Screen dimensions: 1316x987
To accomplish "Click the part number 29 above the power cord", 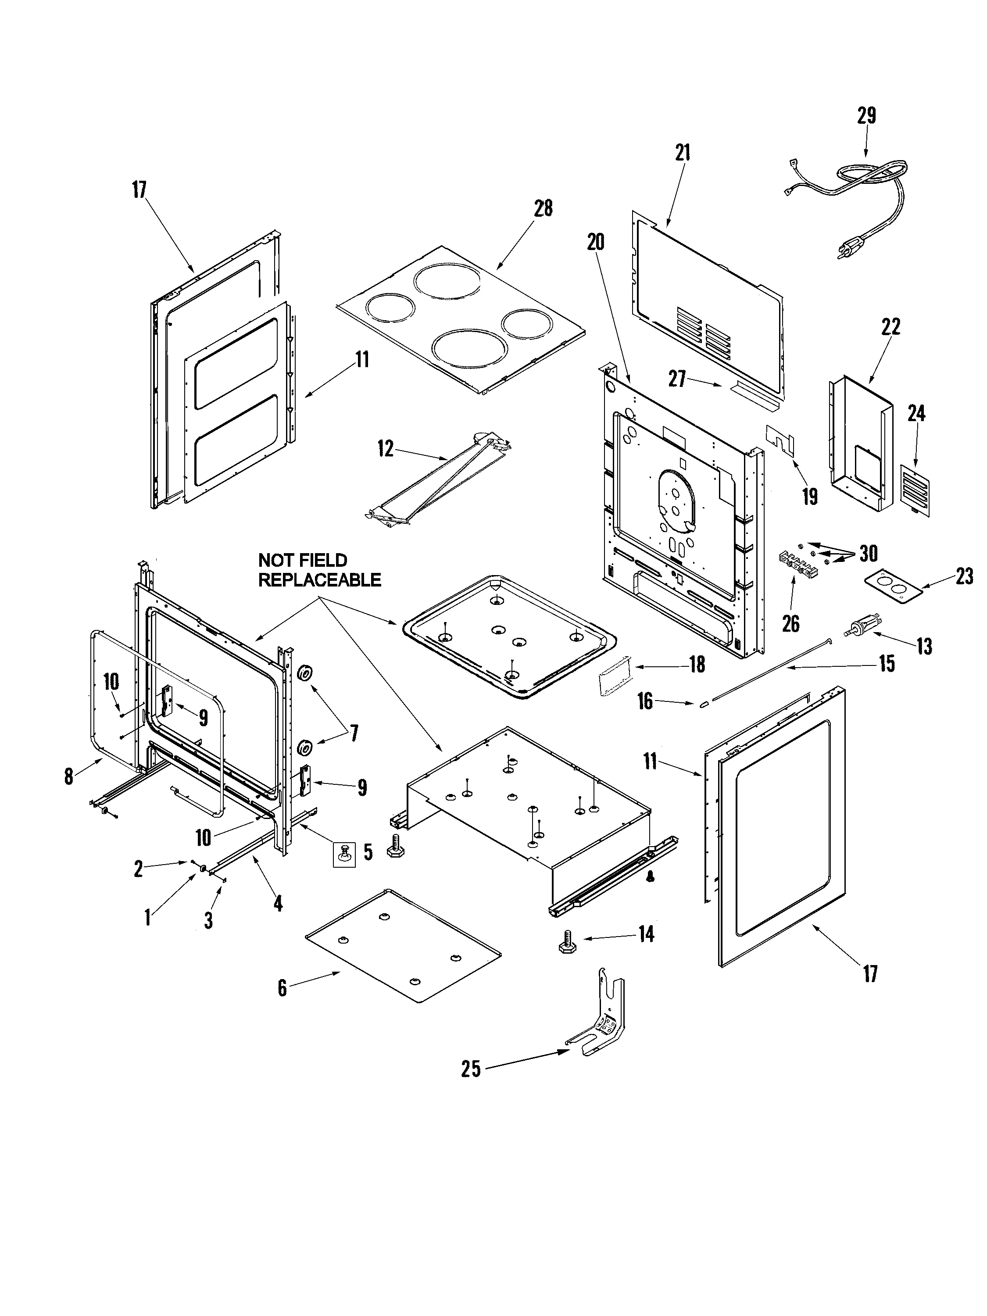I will [x=866, y=115].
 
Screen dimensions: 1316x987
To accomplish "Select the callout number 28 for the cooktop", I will [x=543, y=209].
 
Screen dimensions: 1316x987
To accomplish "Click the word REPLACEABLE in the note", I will [x=319, y=579].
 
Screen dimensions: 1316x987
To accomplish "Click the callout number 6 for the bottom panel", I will [x=282, y=988].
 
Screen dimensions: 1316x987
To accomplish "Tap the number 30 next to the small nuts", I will [x=869, y=554].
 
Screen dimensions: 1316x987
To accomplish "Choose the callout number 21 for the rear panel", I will [x=683, y=153].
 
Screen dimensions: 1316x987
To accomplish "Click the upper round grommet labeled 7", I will [x=306, y=673].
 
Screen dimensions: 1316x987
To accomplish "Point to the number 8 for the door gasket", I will [x=69, y=776].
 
